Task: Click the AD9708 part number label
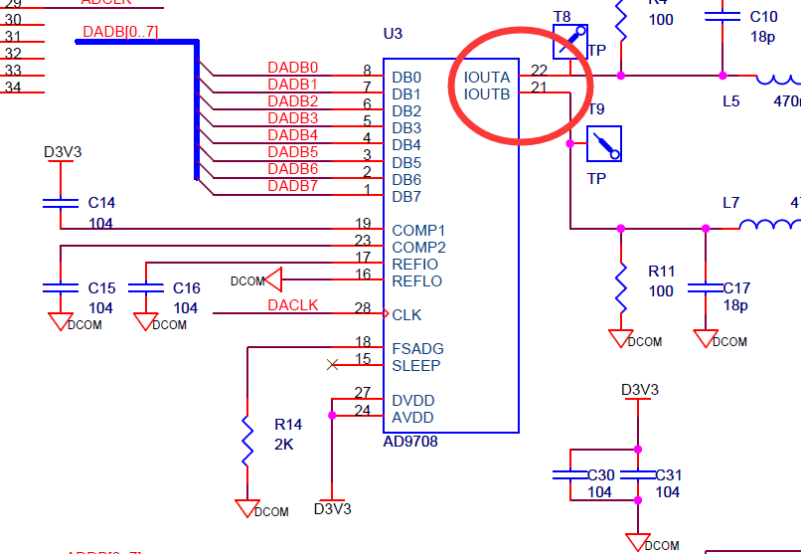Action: click(x=410, y=442)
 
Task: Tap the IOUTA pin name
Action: click(x=487, y=77)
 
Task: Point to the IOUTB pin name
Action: click(x=487, y=94)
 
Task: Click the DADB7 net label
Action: click(x=292, y=186)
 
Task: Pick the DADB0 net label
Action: click(x=292, y=68)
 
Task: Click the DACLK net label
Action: click(x=292, y=305)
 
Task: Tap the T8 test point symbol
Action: click(x=570, y=42)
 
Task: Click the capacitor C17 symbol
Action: click(x=706, y=287)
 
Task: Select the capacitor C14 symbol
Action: click(x=61, y=203)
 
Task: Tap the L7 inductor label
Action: click(x=730, y=203)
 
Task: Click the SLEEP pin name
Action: click(x=416, y=365)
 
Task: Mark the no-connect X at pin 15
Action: click(x=331, y=365)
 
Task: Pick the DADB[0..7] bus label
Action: click(x=120, y=33)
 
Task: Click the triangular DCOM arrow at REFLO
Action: click(x=273, y=280)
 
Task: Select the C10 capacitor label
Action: click(x=763, y=17)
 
